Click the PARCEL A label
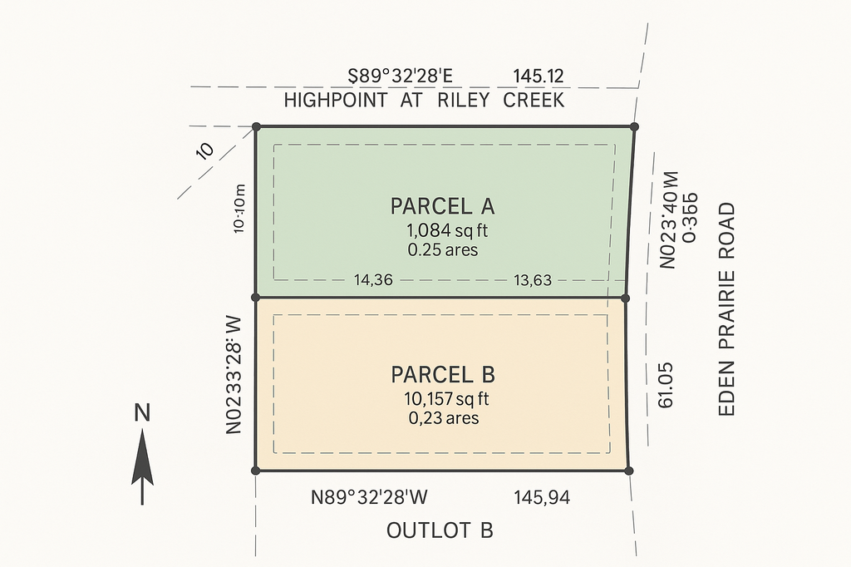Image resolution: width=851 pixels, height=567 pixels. pos(442,206)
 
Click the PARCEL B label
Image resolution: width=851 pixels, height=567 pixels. pos(443,375)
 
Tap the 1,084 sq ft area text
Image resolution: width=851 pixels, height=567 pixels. pos(447,231)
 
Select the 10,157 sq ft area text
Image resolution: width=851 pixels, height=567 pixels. pos(446,399)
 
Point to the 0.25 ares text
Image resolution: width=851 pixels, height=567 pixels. pos(443,249)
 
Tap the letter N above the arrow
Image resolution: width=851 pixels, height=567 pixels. pos(142,414)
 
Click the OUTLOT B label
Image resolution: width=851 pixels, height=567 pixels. pos(440,530)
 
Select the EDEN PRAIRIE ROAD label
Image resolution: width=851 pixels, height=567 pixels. pos(726,309)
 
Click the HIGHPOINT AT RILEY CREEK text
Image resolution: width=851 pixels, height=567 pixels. pos(425,101)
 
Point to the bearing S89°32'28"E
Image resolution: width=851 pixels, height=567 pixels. pos(400,76)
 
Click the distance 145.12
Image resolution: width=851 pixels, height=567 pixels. pos(539,76)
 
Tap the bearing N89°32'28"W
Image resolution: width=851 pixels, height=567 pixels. pos(369,497)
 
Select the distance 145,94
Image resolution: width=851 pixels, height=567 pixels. pos(542,497)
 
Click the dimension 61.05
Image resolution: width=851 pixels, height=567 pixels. pos(666,385)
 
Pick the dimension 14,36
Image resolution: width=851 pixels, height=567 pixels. pos(373,280)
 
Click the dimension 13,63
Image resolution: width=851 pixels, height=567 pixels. pos(533,280)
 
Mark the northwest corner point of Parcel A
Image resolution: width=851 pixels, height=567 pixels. pos(257,127)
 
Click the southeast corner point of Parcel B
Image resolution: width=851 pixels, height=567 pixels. pos(628,471)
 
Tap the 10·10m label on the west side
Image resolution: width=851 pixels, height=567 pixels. pos(239,210)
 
